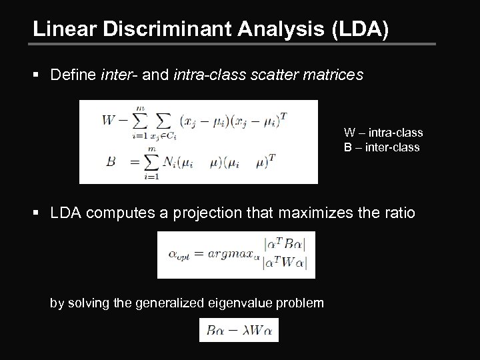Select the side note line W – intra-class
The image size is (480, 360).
click(383, 133)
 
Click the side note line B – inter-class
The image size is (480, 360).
click(382, 147)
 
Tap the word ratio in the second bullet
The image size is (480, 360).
click(399, 214)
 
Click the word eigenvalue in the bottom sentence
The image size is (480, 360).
click(225, 303)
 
